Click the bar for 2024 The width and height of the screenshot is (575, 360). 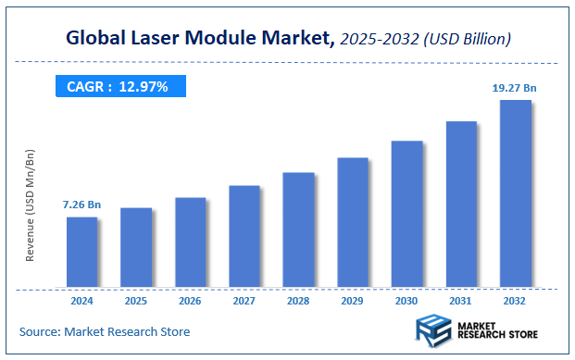(81, 252)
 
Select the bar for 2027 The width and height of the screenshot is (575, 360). (244, 236)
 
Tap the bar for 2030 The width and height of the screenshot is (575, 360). (406, 214)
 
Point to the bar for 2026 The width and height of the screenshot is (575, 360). (190, 242)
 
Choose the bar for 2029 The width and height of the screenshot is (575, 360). (353, 222)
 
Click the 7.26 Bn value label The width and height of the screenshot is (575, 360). (81, 204)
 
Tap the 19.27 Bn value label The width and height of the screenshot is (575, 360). (514, 87)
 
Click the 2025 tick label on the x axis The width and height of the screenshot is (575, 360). (136, 302)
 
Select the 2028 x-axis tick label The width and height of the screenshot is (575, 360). (298, 302)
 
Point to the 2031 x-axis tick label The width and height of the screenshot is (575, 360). (461, 302)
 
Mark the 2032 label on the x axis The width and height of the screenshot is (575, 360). (515, 302)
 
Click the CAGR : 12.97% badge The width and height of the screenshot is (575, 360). (119, 87)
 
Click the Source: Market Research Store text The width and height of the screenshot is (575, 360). (104, 331)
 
